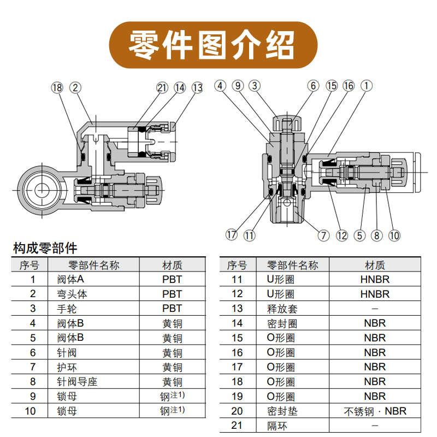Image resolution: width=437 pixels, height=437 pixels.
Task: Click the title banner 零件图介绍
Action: (x=213, y=45)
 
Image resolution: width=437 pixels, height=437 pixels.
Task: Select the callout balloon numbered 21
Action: (x=162, y=87)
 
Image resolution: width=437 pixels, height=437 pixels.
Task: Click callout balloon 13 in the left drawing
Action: (x=197, y=87)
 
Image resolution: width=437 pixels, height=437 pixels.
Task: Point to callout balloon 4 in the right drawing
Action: (x=221, y=86)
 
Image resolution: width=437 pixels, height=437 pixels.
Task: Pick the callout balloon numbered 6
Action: (x=313, y=86)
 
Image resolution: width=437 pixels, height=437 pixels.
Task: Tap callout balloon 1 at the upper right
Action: (x=367, y=86)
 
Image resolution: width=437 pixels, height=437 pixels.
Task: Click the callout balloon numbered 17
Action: (x=232, y=235)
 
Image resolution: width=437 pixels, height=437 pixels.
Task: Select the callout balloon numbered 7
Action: (x=323, y=235)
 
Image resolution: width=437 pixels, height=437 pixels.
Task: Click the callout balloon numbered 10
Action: (x=394, y=235)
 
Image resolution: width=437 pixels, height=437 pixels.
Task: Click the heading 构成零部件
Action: (x=45, y=249)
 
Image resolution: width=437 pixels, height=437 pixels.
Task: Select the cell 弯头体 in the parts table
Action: (x=72, y=294)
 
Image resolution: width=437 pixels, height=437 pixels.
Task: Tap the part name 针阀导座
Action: (x=77, y=382)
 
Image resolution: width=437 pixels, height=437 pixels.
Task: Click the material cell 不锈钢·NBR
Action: (x=375, y=411)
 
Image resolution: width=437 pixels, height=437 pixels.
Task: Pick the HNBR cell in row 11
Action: (x=375, y=279)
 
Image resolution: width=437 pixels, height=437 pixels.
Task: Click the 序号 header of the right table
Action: (x=237, y=265)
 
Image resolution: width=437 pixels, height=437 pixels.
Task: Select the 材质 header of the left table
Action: (x=172, y=265)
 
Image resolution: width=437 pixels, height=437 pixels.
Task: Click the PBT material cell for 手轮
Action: (x=172, y=309)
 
